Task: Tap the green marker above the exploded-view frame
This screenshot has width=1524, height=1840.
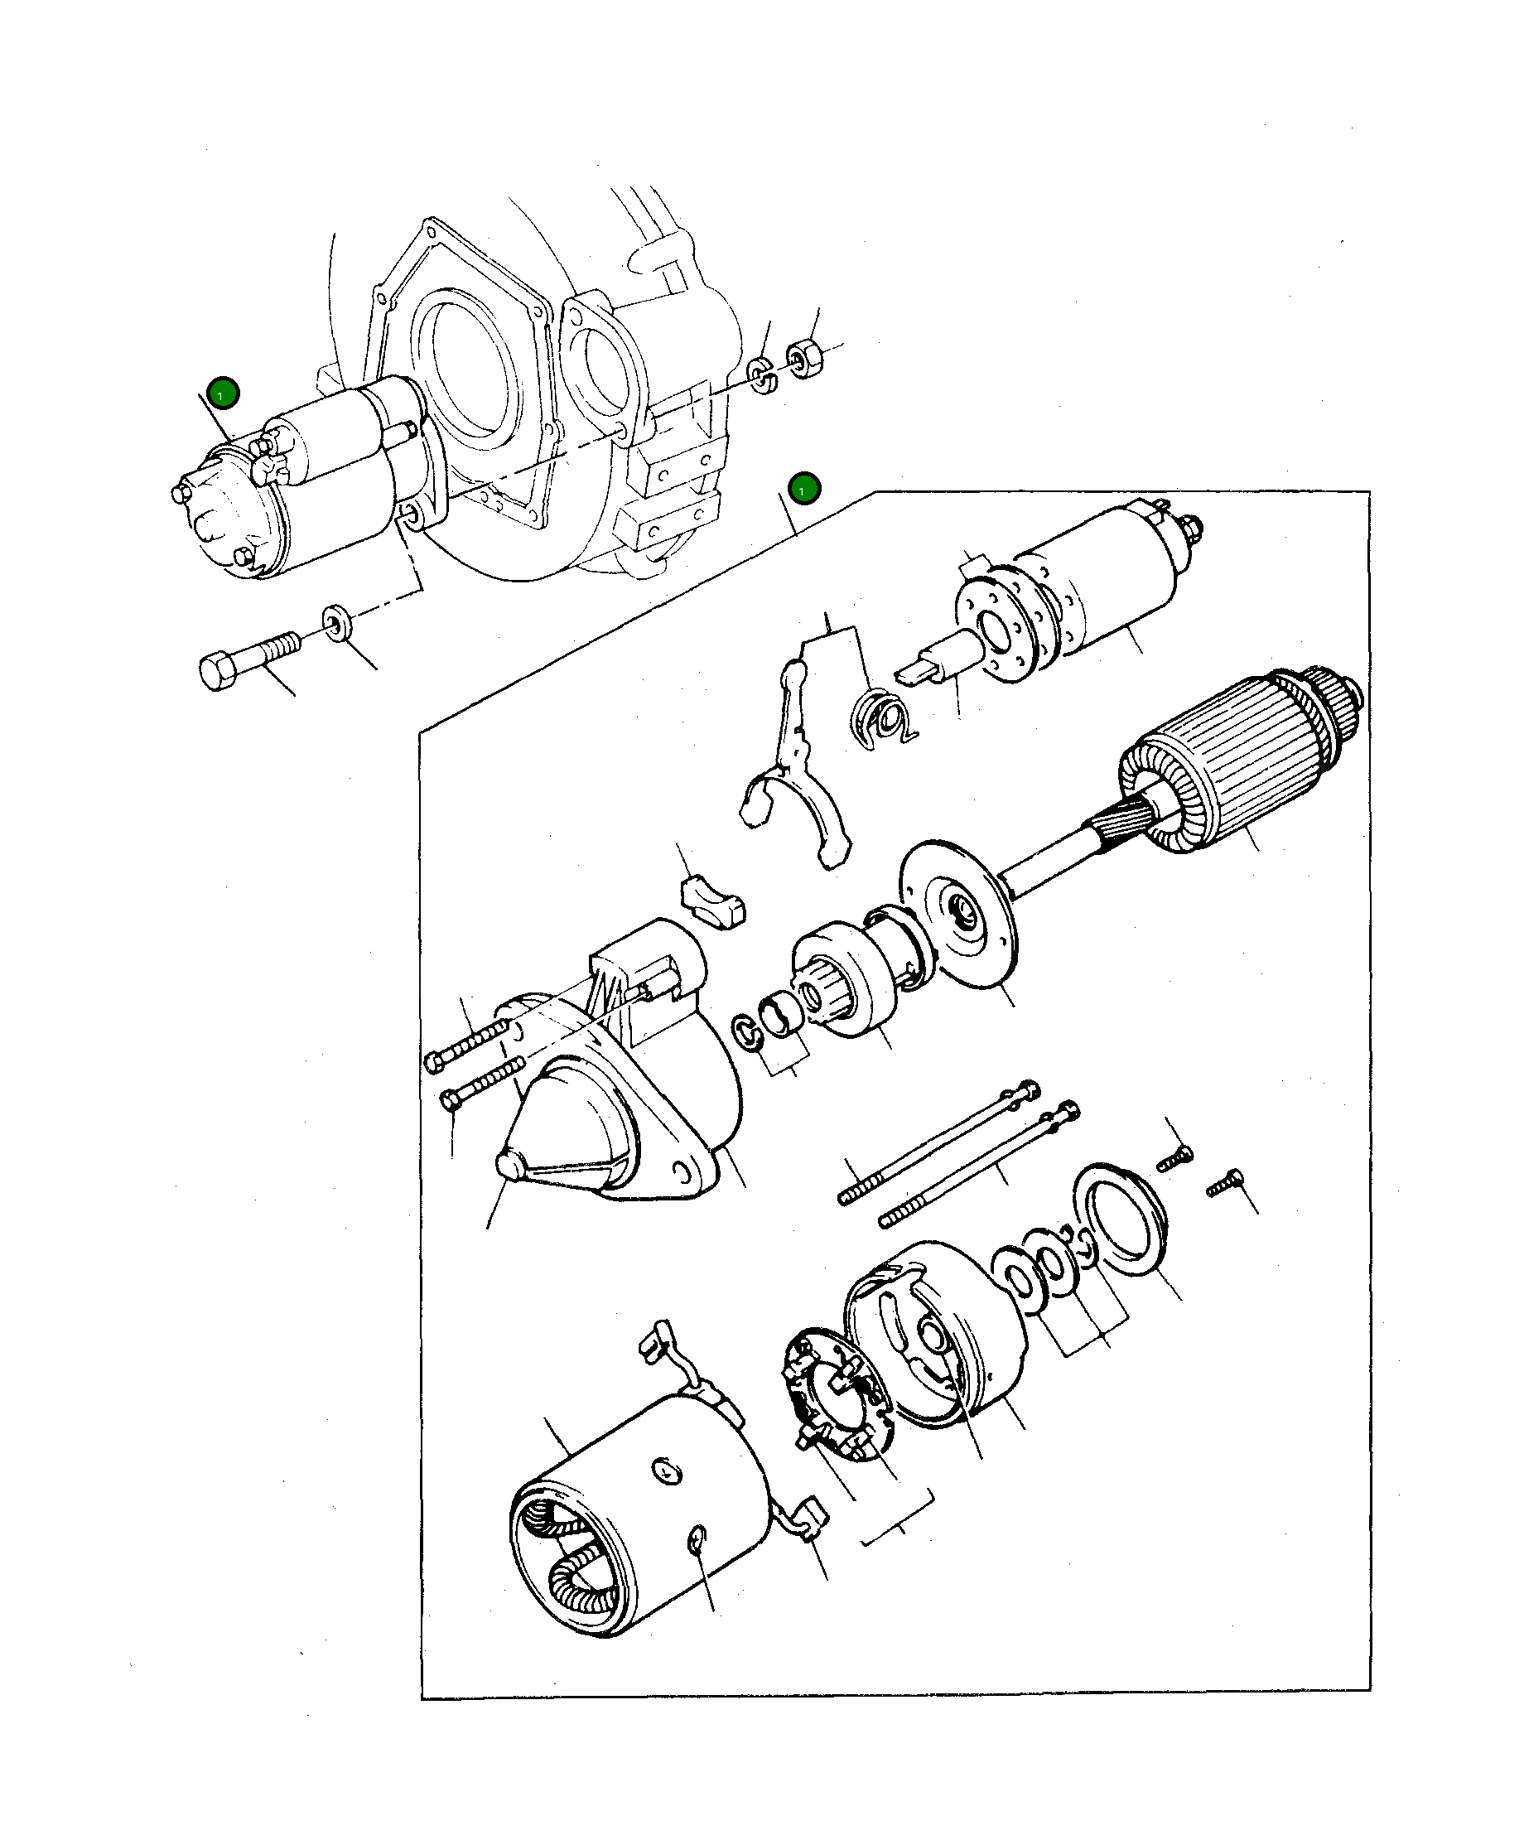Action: [803, 489]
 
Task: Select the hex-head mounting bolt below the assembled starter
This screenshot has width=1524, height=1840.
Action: [246, 663]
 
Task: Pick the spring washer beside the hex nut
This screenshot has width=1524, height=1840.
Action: [761, 375]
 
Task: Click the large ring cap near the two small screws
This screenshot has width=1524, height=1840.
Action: [1121, 1218]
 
